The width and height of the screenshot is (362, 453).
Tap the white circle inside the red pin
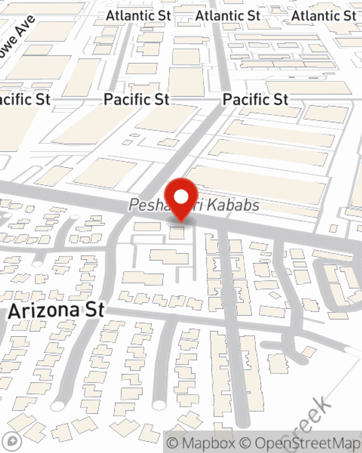coord(181,197)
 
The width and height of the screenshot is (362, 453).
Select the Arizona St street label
coord(56,311)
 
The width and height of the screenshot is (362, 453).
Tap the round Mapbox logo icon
coord(12,441)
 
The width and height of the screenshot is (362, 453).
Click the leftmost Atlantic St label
coord(138,16)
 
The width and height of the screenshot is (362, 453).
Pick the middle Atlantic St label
coord(228,16)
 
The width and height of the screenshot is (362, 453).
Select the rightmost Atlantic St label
coord(324,16)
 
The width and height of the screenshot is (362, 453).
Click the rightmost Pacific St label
coord(256,99)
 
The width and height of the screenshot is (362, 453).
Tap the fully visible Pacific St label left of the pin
coord(136,99)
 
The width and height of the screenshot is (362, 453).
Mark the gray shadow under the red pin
coord(181,221)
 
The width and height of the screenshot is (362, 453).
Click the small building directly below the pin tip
coord(177,233)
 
